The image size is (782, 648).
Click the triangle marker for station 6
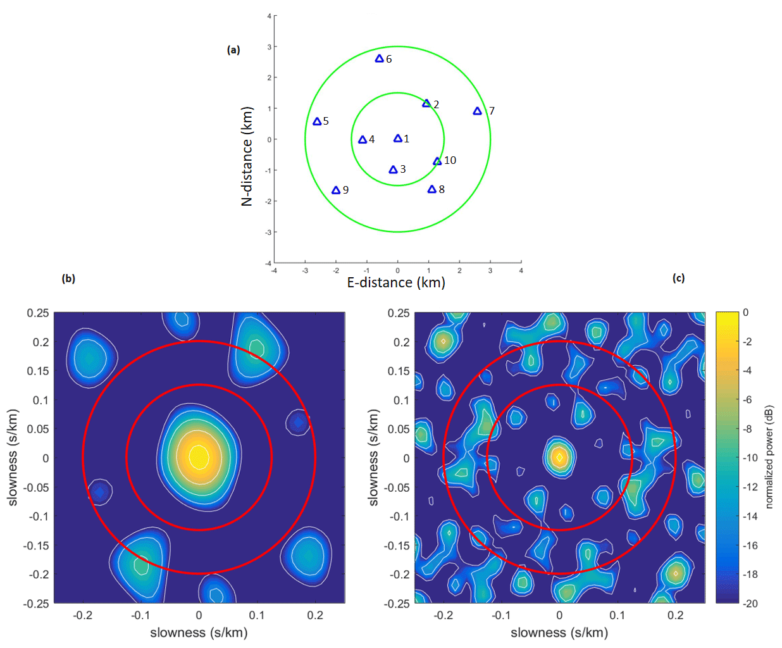tap(380, 59)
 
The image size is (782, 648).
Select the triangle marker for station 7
tap(478, 111)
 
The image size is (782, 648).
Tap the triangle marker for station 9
tap(336, 190)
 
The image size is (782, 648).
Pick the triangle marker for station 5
tap(317, 121)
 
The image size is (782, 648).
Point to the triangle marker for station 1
tap(398, 139)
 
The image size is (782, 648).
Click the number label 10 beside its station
tap(450, 160)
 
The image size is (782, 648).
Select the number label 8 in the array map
tap(442, 189)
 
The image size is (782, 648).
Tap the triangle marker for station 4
tap(363, 140)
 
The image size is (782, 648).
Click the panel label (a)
tap(233, 50)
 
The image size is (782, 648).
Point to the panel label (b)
tap(68, 278)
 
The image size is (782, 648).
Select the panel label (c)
tap(678, 278)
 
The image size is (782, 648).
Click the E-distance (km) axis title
tap(396, 283)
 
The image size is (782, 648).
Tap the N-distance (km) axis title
tap(247, 156)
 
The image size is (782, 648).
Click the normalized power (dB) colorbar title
tap(769, 457)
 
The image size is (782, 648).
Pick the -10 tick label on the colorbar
tap(750, 458)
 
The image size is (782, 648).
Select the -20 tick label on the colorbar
tap(750, 604)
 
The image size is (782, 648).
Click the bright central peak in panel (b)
tap(199, 456)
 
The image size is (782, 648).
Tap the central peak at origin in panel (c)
tap(559, 457)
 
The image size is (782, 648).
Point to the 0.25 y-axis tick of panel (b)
tap(38, 313)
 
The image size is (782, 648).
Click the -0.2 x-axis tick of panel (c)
tap(444, 615)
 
